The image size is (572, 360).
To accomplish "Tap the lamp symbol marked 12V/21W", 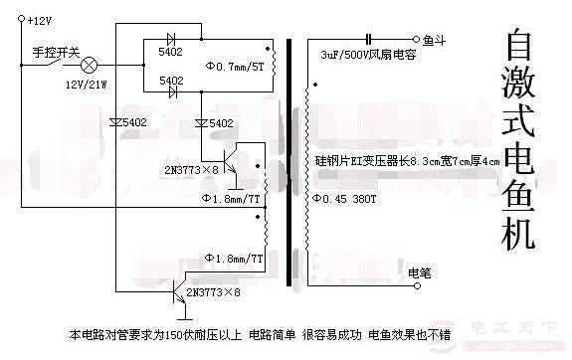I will point(88,65).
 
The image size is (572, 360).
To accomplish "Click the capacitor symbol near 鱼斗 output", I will point(369,41).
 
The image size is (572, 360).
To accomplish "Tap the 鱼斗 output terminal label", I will point(436,41).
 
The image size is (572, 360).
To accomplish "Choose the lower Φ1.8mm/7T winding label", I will point(235,259).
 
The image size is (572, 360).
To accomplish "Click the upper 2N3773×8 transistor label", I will point(195,169).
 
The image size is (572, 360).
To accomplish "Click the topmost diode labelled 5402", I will point(172,48).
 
